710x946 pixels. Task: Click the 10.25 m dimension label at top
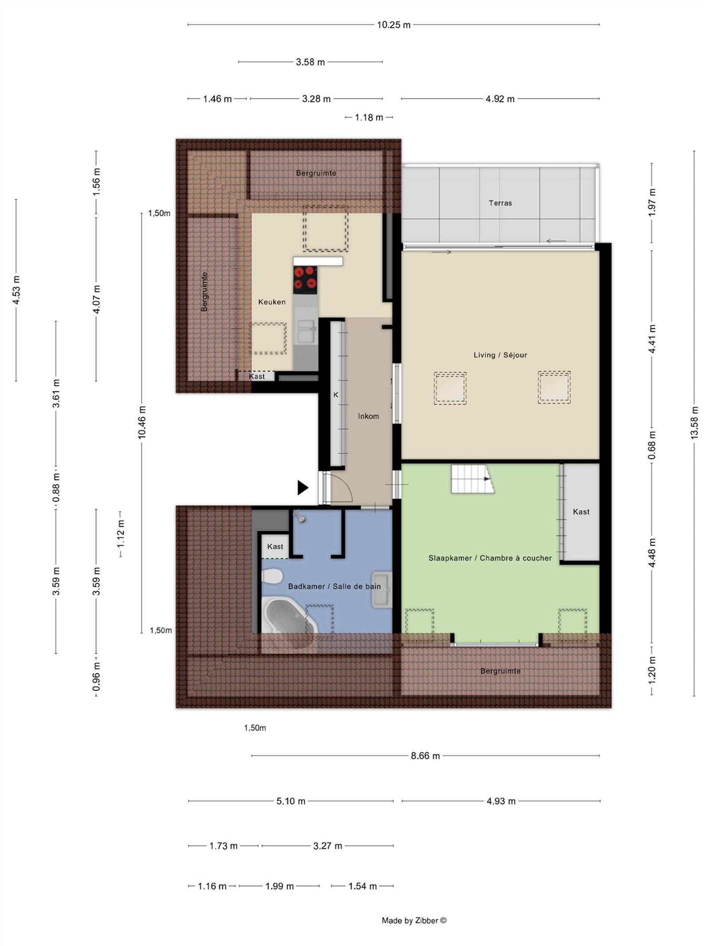[x=393, y=25]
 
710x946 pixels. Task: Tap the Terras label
[x=500, y=203]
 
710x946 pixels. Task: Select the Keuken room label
[x=272, y=302]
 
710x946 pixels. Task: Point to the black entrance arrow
[x=302, y=488]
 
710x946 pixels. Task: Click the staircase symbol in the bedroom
[x=472, y=479]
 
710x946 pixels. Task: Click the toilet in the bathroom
[x=272, y=577]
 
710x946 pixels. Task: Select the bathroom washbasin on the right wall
[x=382, y=590]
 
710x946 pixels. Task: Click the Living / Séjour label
[x=500, y=355]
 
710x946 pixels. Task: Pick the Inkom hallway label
[x=368, y=416]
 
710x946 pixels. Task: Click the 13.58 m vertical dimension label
[x=694, y=423]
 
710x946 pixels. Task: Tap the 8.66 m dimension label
[x=425, y=756]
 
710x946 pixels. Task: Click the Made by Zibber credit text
[x=414, y=920]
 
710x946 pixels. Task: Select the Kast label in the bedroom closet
[x=581, y=512]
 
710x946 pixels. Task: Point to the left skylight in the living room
[x=450, y=388]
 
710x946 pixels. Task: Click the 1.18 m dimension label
[x=368, y=118]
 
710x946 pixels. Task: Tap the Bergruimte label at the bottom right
[x=500, y=671]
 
